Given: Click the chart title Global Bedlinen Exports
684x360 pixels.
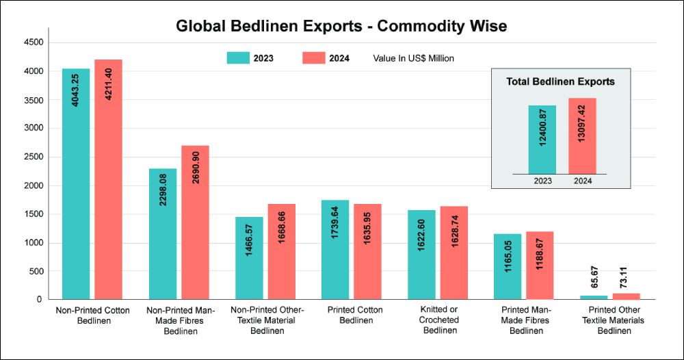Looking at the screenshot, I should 341,27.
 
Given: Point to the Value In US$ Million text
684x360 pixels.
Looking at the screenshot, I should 413,58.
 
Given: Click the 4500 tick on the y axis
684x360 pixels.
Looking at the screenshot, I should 34,42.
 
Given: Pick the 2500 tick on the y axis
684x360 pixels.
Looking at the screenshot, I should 34,157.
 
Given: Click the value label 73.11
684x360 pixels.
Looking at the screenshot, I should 626,280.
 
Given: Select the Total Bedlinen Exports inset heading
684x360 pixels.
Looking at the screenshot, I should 560,81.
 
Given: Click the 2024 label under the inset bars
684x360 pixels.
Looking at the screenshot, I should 582,181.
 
